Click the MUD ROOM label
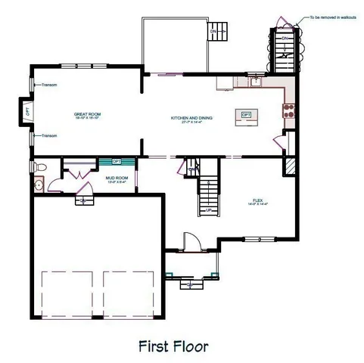(x=116, y=180)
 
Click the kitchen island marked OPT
(x=246, y=115)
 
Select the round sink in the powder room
(x=38, y=184)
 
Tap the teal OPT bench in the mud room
(x=117, y=160)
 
